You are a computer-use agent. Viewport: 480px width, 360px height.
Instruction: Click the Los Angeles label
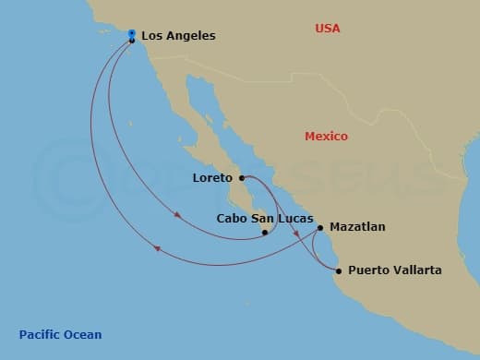pos(178,36)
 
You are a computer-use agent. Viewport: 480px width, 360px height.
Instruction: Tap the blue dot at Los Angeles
pos(132,33)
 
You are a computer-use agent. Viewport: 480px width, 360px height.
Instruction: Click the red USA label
pos(327,29)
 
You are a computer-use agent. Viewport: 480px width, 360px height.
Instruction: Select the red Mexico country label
pos(326,137)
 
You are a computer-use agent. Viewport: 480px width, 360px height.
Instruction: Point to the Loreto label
pos(212,177)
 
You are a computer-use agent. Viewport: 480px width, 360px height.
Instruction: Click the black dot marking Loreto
pos(241,177)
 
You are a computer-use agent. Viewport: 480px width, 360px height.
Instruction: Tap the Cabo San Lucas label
pos(258,219)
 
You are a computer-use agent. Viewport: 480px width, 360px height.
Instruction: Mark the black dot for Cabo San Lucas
pos(265,233)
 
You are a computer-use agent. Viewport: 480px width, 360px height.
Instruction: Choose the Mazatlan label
pos(358,226)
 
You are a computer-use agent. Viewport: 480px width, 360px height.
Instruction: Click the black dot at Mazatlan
pos(320,227)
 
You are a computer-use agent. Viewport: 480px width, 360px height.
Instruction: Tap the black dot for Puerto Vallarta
pos(339,270)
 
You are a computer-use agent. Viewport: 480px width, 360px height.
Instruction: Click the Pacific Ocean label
pos(60,334)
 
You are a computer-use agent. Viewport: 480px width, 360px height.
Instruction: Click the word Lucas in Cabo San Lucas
pos(282,219)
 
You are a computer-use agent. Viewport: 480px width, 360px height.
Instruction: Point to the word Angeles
pos(192,36)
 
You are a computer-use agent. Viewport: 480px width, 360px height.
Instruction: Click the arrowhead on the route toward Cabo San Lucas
pos(177,218)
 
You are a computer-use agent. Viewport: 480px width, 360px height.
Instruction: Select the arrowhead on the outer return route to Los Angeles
pos(157,247)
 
